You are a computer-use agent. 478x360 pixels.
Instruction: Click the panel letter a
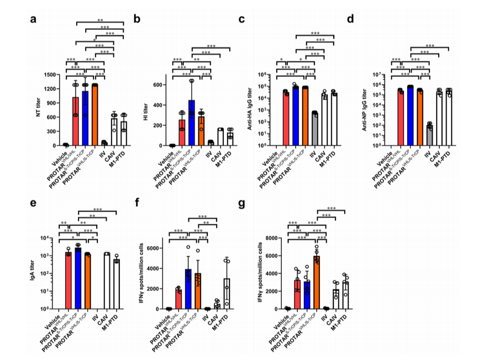34,20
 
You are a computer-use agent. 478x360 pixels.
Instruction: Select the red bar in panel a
76,121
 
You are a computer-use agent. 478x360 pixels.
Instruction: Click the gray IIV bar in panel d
429,135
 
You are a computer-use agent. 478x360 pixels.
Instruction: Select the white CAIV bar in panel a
114,132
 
